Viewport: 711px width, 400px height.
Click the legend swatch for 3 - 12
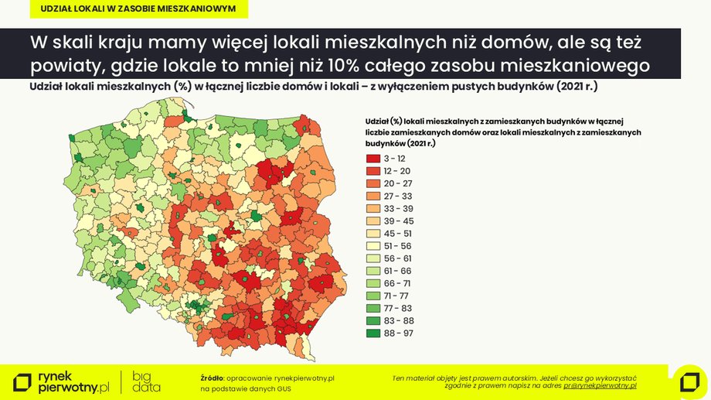pos(372,158)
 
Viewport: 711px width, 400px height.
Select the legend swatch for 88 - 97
pos(372,334)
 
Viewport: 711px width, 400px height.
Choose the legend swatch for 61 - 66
pos(372,272)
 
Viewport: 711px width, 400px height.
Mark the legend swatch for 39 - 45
pos(372,221)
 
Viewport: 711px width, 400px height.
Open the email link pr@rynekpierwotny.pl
pos(599,385)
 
